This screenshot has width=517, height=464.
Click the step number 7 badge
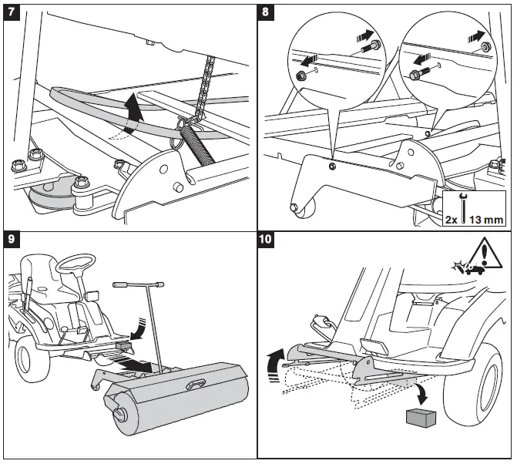[x=12, y=12]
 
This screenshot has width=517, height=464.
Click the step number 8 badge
[x=266, y=12]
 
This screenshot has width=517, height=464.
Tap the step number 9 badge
[x=12, y=239]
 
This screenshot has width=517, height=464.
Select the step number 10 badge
[x=266, y=239]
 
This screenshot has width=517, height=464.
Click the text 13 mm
[x=486, y=219]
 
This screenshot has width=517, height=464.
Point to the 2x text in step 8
[x=451, y=220]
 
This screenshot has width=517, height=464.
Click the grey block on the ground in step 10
[x=421, y=418]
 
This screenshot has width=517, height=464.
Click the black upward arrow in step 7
[x=135, y=113]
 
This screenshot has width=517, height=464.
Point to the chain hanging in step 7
[x=204, y=89]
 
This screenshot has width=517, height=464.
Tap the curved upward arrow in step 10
[x=276, y=365]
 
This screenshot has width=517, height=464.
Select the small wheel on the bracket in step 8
[x=304, y=207]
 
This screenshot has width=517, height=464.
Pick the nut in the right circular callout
[x=485, y=45]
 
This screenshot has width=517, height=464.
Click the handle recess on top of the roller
[x=196, y=384]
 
